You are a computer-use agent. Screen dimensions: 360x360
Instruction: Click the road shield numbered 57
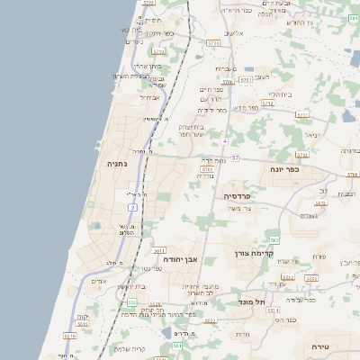pos(235,158)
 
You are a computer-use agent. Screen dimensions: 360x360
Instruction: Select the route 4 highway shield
pos(224,141)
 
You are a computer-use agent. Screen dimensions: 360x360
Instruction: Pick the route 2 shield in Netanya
pos(132,208)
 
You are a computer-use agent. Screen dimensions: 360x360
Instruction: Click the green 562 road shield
pos(274,239)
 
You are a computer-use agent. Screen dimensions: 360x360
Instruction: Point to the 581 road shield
pos(177,346)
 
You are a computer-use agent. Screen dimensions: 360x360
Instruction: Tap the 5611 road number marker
pos(158,251)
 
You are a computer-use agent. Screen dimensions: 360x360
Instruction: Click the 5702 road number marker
pos(207,168)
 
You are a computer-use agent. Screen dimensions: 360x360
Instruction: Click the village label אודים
pos(99,281)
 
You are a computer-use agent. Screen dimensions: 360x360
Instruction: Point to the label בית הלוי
pos(278,94)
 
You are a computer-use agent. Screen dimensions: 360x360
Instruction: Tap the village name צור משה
pos(265,209)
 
